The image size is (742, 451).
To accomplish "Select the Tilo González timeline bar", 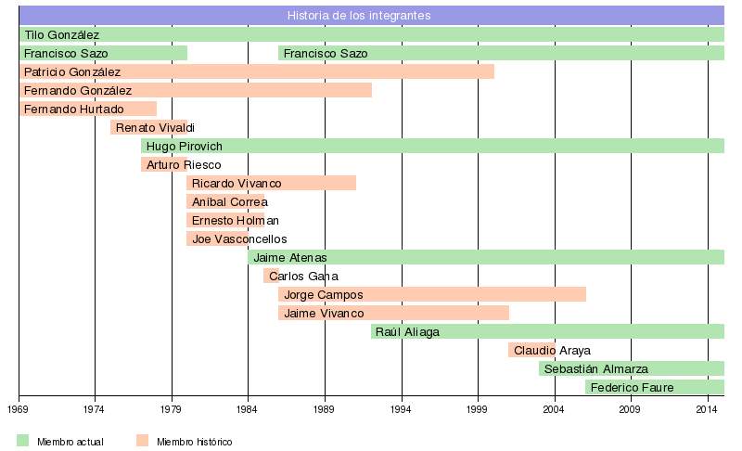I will [371, 34].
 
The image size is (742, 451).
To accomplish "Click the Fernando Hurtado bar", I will [88, 109].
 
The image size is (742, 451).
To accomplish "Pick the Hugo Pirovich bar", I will [432, 146].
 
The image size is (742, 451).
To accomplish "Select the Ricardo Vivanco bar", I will [271, 183].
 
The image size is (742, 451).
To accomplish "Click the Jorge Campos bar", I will [432, 294].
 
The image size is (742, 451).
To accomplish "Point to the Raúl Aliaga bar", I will [547, 331].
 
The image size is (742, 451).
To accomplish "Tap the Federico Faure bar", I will [655, 387].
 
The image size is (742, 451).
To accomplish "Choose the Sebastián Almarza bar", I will [632, 368].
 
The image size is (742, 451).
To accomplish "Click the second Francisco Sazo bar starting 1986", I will [501, 53].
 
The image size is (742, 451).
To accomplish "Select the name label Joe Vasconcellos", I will [239, 238].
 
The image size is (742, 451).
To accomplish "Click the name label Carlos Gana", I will [303, 276].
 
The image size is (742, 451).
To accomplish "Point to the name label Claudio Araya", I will [552, 350].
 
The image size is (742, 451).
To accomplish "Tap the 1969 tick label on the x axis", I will [19, 408].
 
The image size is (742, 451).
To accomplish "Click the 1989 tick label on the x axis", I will [325, 408].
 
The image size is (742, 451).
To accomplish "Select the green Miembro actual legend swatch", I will [23, 441].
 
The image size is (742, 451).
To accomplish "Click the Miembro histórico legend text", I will [194, 442].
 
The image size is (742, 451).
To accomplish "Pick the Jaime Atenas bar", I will [486, 257].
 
